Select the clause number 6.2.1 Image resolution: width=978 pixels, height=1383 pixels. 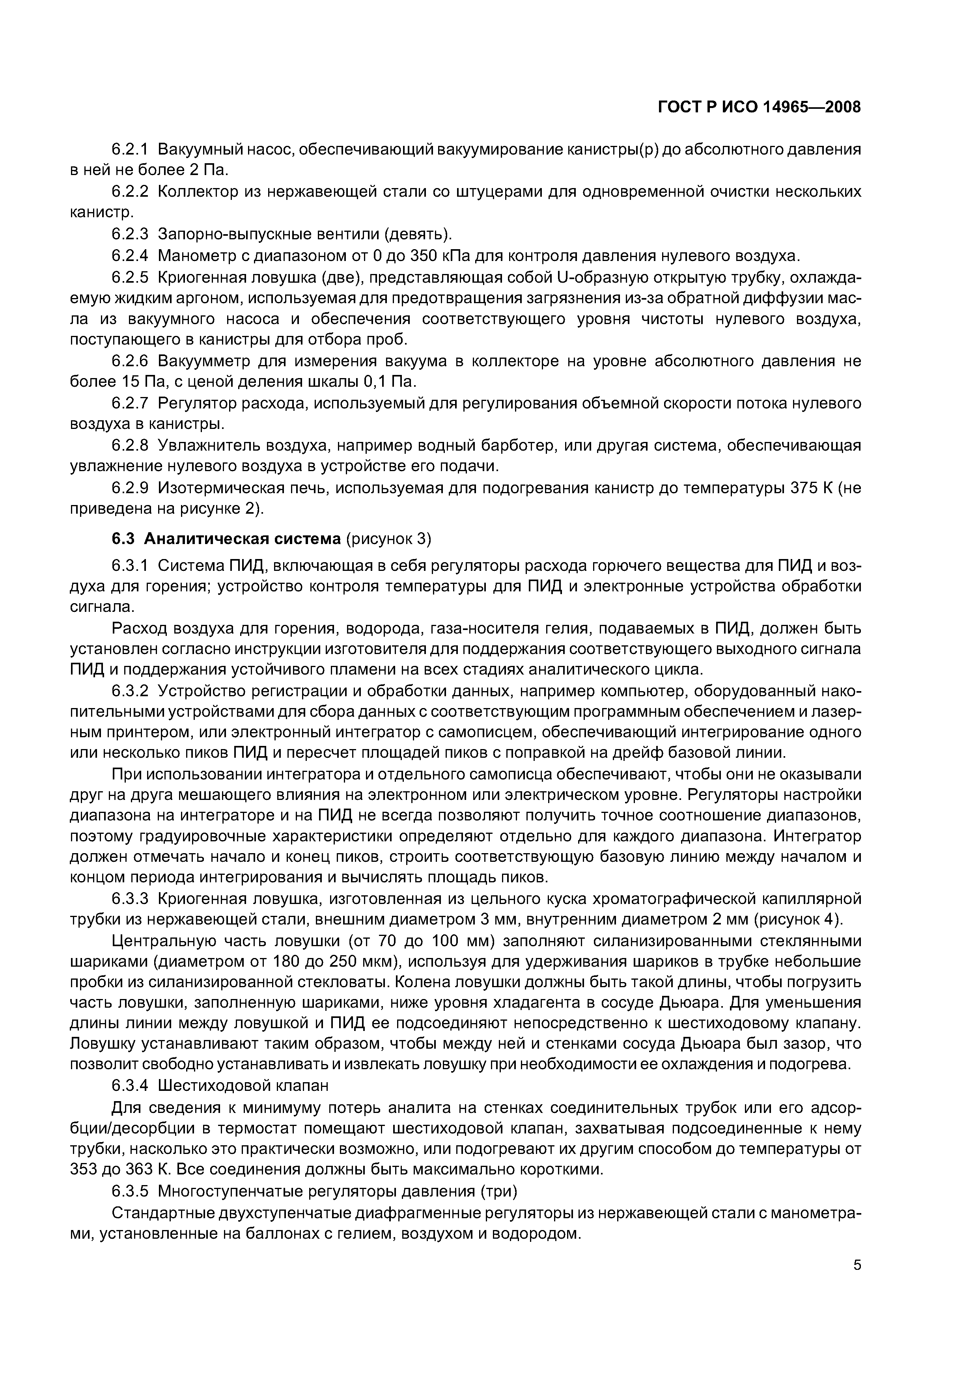pyautogui.click(x=130, y=149)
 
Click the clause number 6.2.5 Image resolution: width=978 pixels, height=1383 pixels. pyautogui.click(x=130, y=276)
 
